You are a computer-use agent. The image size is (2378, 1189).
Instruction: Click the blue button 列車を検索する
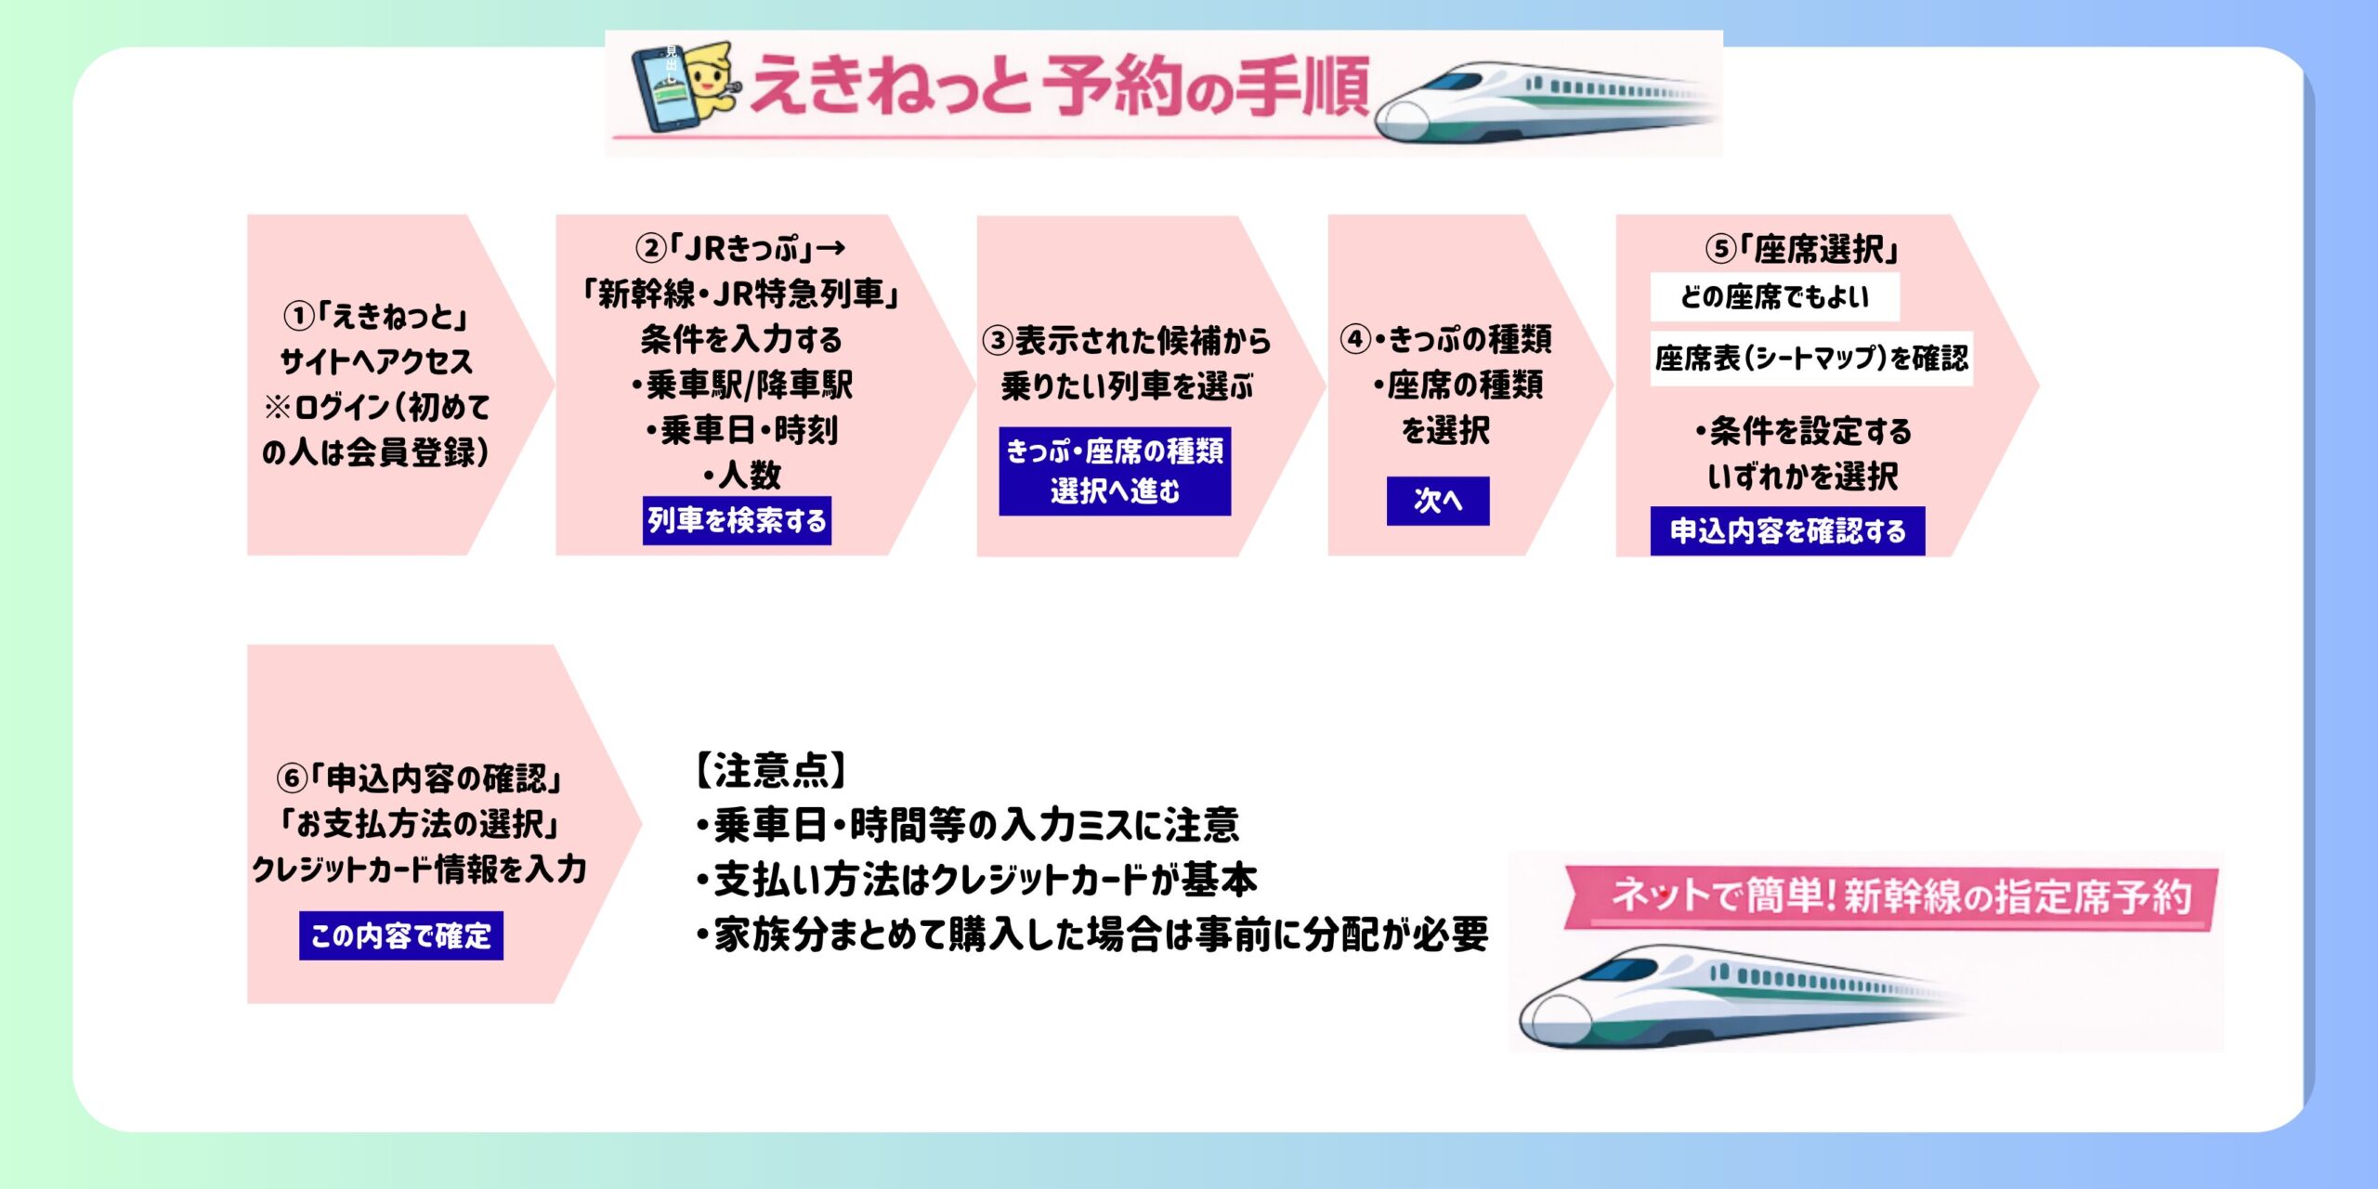tap(737, 520)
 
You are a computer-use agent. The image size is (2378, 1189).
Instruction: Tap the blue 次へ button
tap(1437, 501)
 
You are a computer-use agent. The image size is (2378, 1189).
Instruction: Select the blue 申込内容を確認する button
tap(1787, 531)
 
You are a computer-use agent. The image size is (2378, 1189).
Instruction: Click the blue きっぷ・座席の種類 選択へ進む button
tap(1115, 471)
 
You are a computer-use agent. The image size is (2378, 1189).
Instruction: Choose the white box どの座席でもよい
tap(1774, 297)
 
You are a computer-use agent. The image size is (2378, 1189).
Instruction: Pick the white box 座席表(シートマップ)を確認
tap(1811, 359)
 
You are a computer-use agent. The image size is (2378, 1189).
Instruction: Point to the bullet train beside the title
tap(1542, 102)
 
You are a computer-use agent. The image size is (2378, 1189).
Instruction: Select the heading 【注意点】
tap(771, 770)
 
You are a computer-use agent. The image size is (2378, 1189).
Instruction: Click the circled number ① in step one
tap(298, 317)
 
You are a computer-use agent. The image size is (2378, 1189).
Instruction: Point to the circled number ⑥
tap(292, 777)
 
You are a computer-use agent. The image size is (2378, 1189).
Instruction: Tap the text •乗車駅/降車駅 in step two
tap(741, 385)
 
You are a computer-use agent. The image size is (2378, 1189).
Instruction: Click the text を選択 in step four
tap(1445, 431)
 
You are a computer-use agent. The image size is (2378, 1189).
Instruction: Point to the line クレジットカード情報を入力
tap(420, 869)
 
